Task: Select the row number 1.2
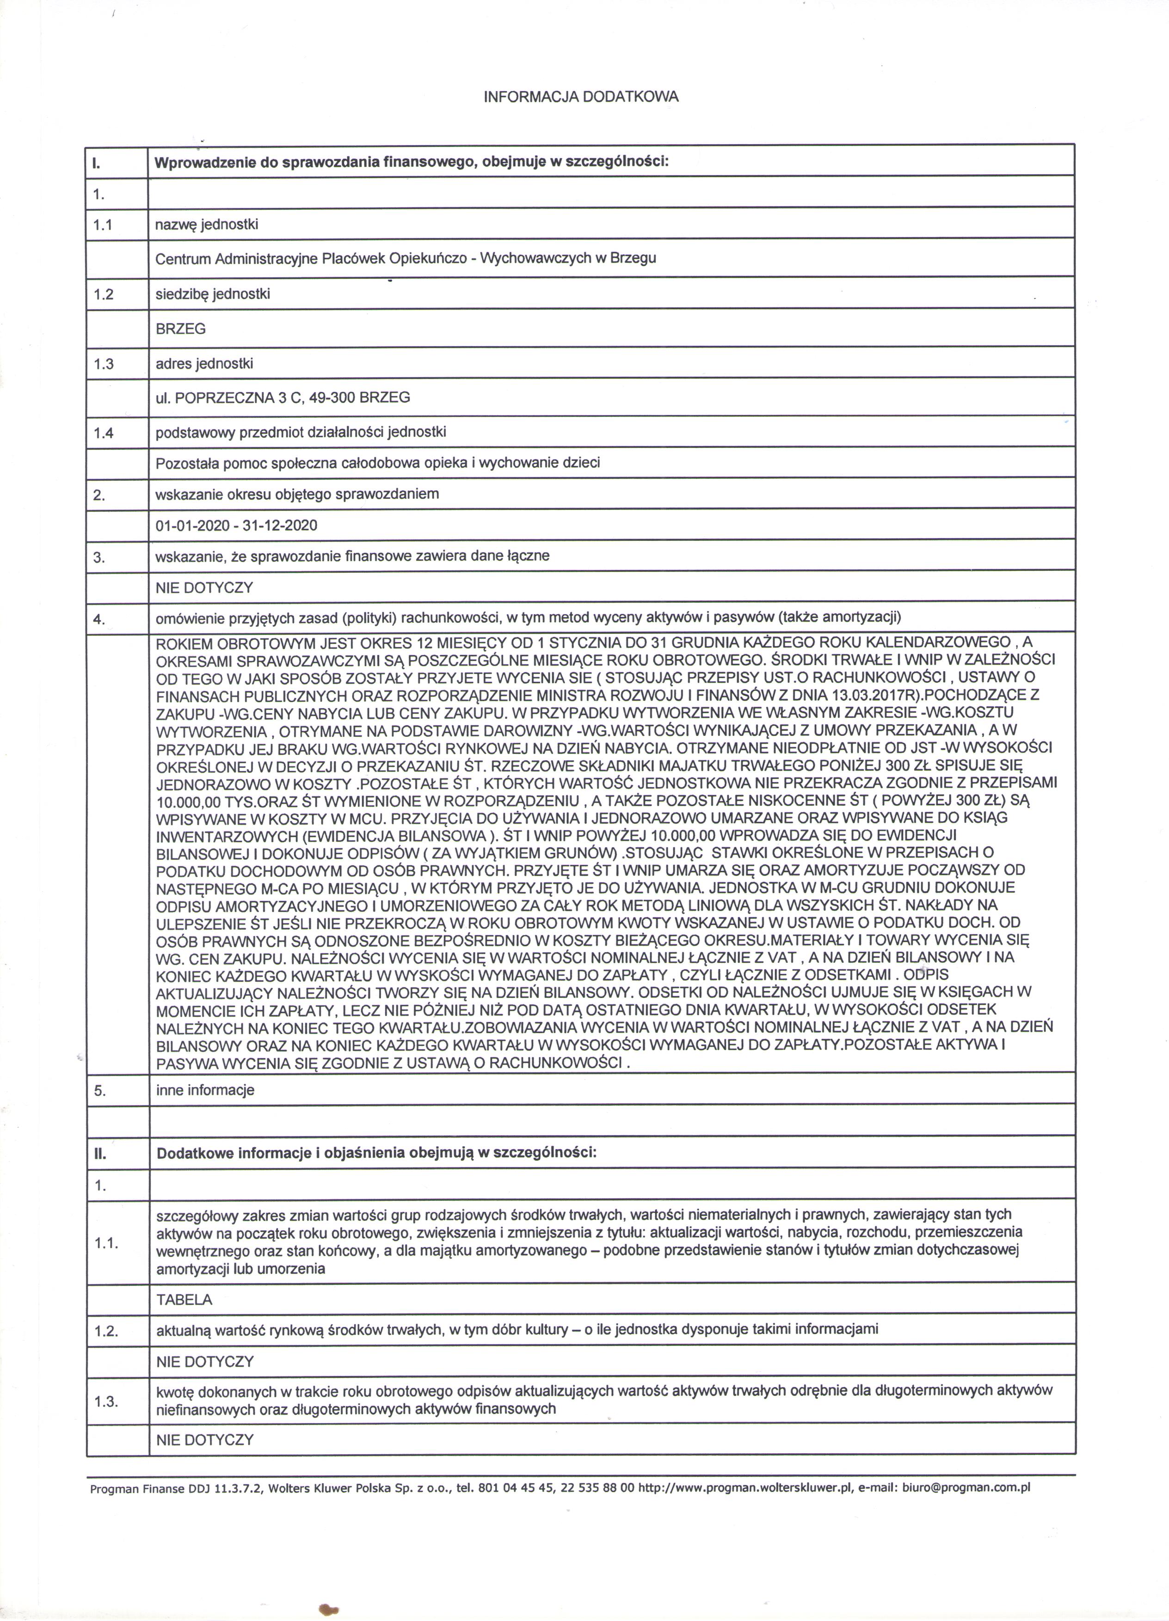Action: click(x=103, y=294)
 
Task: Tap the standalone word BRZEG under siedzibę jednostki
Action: click(x=181, y=329)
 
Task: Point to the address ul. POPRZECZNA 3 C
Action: click(x=283, y=398)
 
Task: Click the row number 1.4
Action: click(x=103, y=433)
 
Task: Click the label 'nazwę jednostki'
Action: click(x=207, y=225)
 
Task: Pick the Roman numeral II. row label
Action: click(x=98, y=1153)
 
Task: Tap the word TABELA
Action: click(x=185, y=1299)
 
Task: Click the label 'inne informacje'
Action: click(x=205, y=1090)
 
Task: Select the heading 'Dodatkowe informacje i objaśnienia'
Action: click(x=376, y=1153)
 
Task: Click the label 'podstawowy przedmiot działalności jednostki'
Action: click(x=301, y=433)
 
